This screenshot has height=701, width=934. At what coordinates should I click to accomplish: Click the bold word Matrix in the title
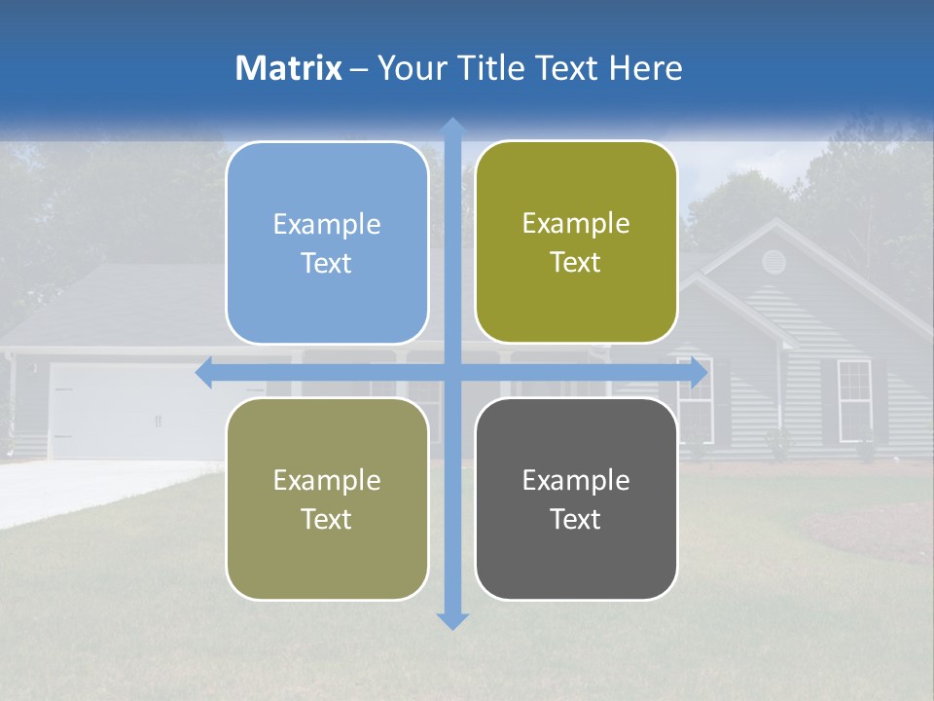(289, 68)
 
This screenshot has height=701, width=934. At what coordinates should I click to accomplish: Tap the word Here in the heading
(646, 68)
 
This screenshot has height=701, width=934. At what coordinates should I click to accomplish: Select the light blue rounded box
(327, 242)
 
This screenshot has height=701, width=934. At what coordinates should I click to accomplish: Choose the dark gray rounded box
(576, 498)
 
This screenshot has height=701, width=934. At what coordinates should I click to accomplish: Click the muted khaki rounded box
(327, 498)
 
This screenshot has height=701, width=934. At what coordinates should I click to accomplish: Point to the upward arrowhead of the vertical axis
(452, 127)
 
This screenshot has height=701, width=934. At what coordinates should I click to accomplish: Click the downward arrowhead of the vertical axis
(452, 620)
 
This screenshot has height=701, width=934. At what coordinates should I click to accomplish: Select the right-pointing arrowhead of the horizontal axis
(699, 373)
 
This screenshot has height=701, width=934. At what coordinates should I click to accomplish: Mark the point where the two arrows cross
(452, 373)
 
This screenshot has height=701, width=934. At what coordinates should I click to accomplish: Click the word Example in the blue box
(327, 225)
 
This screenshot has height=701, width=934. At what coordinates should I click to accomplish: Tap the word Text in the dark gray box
(576, 519)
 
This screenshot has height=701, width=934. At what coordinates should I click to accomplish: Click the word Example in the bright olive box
(576, 223)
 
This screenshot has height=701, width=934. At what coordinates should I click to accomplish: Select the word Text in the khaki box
(327, 519)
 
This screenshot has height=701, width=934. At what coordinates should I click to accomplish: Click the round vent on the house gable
(773, 260)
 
